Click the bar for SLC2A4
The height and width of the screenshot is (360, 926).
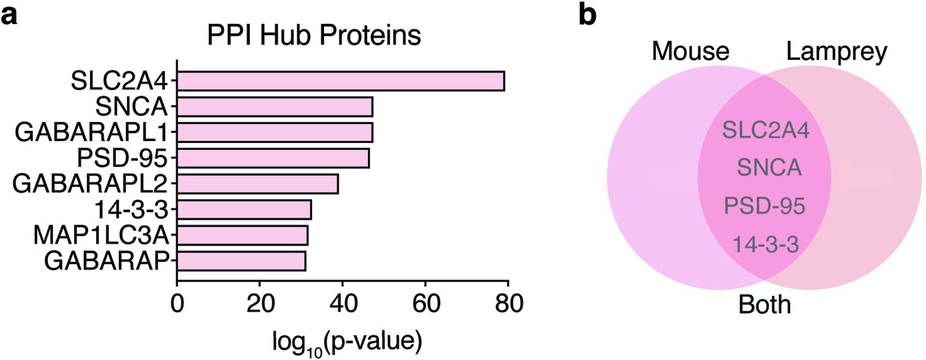coord(340,81)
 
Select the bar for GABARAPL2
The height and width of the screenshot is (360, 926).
coord(258,184)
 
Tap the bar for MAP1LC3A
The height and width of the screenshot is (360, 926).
coord(242,235)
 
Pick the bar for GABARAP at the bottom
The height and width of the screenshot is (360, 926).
coord(242,261)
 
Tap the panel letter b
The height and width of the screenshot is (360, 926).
coord(586,16)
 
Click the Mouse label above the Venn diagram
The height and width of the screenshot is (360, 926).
coord(690,52)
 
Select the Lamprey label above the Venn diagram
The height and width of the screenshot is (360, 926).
coord(836,52)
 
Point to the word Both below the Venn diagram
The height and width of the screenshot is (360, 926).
coord(764,305)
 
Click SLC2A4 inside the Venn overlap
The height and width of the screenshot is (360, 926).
coord(765,132)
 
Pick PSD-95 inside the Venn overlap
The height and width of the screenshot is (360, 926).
coord(765,206)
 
